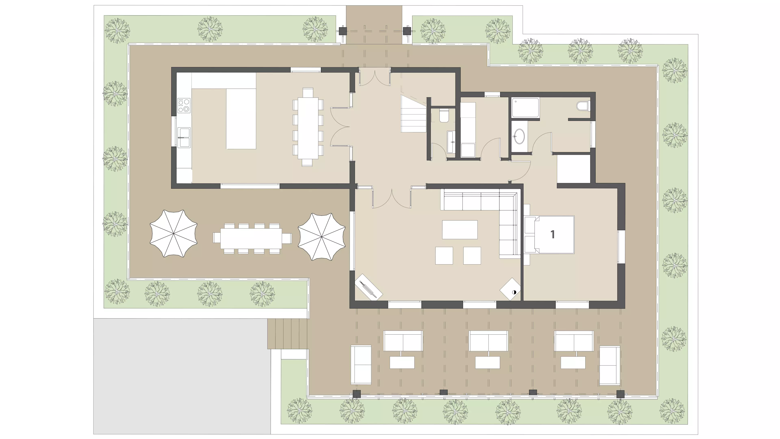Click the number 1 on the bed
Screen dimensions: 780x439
pyautogui.click(x=552, y=234)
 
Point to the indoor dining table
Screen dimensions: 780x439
pyautogui.click(x=308, y=127)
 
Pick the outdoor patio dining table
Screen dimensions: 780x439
pyautogui.click(x=251, y=238)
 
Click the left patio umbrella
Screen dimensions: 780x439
pyautogui.click(x=173, y=233)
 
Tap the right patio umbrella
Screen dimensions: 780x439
pyautogui.click(x=322, y=236)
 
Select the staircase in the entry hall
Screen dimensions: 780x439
pyautogui.click(x=414, y=114)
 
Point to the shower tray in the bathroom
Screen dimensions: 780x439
pyautogui.click(x=525, y=107)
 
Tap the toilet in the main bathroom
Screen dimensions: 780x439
pyautogui.click(x=583, y=106)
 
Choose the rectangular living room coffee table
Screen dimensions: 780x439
pyautogui.click(x=460, y=230)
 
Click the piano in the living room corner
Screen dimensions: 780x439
pyautogui.click(x=368, y=287)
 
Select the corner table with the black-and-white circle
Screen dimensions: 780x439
pyautogui.click(x=510, y=289)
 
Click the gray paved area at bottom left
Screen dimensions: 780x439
pyautogui.click(x=182, y=376)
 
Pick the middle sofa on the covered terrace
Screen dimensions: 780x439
pyautogui.click(x=488, y=341)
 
